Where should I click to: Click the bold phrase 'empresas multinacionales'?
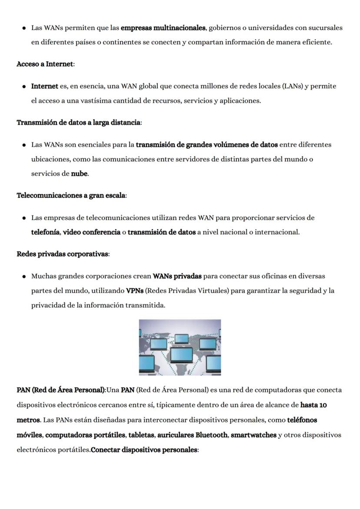(x=163, y=28)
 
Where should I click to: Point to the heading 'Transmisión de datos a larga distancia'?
(x=78, y=122)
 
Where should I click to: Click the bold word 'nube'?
(x=79, y=174)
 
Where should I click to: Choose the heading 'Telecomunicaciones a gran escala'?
(x=71, y=195)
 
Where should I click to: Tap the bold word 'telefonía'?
(x=45, y=232)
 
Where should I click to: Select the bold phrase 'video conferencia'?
(x=92, y=232)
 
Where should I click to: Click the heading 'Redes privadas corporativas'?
(x=62, y=254)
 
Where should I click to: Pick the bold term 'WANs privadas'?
(x=177, y=276)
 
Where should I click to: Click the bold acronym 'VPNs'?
(x=135, y=291)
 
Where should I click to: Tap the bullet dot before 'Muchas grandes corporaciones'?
(x=23, y=276)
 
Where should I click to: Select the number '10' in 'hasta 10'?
(x=323, y=405)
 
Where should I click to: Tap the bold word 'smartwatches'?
(x=253, y=435)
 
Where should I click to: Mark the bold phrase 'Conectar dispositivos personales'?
(x=144, y=449)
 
